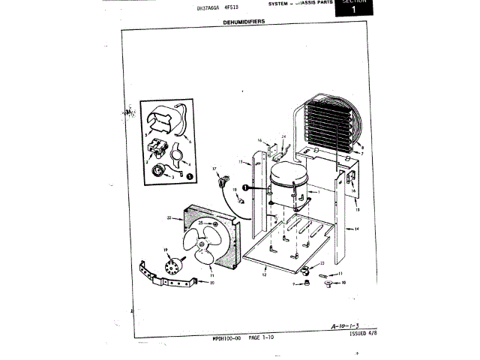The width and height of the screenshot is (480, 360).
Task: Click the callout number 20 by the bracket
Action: pos(211,283)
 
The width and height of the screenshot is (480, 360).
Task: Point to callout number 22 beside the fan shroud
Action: pos(169,218)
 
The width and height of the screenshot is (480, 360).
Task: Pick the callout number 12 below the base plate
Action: pos(264,275)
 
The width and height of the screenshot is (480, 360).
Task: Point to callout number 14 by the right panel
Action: pos(357,228)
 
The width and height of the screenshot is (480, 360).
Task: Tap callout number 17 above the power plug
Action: pos(214,169)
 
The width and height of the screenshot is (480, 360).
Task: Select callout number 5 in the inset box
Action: pos(146,133)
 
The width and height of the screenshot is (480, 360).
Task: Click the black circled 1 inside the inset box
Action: pos(189,175)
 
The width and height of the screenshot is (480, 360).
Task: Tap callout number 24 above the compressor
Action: pos(283,136)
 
